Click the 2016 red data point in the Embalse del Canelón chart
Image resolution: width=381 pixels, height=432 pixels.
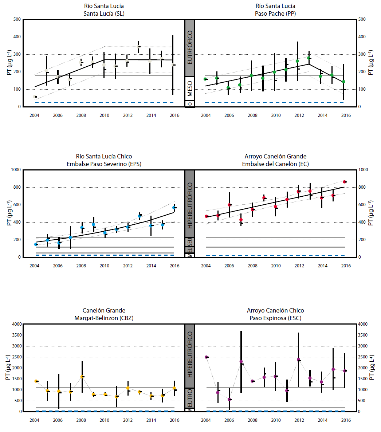pyautogui.click(x=344, y=182)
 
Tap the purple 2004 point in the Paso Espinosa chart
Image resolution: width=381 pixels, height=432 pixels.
pyautogui.click(x=206, y=357)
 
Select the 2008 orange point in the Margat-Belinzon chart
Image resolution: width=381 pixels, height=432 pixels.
pyautogui.click(x=82, y=377)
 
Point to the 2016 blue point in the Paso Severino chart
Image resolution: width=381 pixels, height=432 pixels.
pyautogui.click(x=174, y=208)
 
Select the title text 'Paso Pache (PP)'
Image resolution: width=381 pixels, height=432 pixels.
pyautogui.click(x=275, y=13)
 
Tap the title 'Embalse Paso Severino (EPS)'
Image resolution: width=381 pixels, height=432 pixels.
pyautogui.click(x=104, y=164)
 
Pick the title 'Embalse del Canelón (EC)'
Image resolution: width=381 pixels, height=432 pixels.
pyautogui.click(x=275, y=164)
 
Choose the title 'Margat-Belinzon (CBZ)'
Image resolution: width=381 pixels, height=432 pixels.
pyautogui.click(x=104, y=318)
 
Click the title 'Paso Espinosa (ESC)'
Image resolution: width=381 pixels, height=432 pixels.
pyautogui.click(x=275, y=318)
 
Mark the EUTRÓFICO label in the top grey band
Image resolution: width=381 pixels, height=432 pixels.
pyautogui.click(x=190, y=47)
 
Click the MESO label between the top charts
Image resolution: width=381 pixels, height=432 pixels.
pyautogui.click(x=190, y=89)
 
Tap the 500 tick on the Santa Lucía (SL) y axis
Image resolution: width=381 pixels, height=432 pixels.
pyautogui.click(x=16, y=19)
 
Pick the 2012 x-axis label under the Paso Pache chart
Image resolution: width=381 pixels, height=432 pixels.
pyautogui.click(x=299, y=115)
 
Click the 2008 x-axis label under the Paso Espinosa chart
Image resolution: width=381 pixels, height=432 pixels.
pyautogui.click(x=252, y=420)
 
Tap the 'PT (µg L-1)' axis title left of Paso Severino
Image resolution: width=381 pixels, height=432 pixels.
pyautogui.click(x=9, y=213)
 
